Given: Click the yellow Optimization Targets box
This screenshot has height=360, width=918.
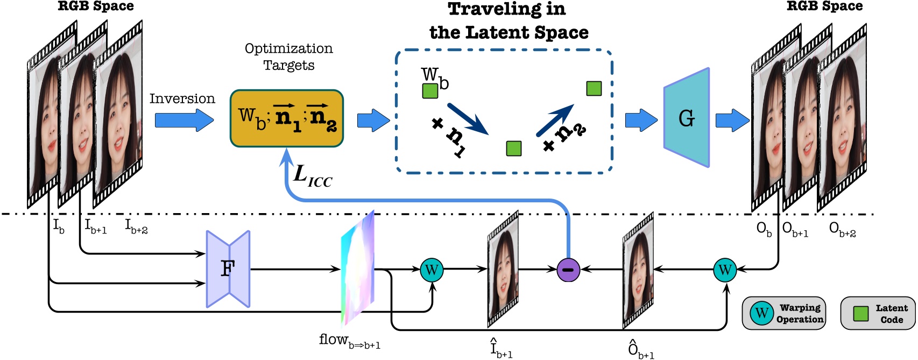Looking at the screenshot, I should coord(286,118).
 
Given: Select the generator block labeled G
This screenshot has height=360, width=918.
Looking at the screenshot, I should coord(686,118).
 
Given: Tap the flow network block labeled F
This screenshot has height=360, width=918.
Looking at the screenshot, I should coord(228,269).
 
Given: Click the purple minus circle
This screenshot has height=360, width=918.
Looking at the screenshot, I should coord(568,269).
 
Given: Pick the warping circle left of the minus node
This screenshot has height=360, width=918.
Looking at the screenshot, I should coord(432,269).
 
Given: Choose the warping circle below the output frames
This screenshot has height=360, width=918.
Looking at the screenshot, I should coord(724,269).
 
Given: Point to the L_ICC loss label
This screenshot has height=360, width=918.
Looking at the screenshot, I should coord(313,176).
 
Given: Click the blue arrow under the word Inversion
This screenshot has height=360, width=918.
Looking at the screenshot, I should coord(183,119).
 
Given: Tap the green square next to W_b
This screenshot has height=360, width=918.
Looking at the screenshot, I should coord(430,90).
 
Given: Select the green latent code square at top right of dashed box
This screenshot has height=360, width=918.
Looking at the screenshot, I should coord(594,88).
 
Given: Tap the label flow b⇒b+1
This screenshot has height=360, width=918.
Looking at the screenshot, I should coord(349,341).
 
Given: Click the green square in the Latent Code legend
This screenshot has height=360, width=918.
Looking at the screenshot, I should coord(860,313).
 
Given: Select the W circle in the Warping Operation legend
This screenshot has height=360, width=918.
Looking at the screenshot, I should coord(761,313).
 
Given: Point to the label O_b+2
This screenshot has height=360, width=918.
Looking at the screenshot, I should coord(842,229).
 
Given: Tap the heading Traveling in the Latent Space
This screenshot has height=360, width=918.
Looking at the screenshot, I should coord(507,20).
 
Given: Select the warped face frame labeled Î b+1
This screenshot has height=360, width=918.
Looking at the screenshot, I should coord(503,269).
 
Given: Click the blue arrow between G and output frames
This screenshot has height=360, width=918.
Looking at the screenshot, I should coord(732,119).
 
